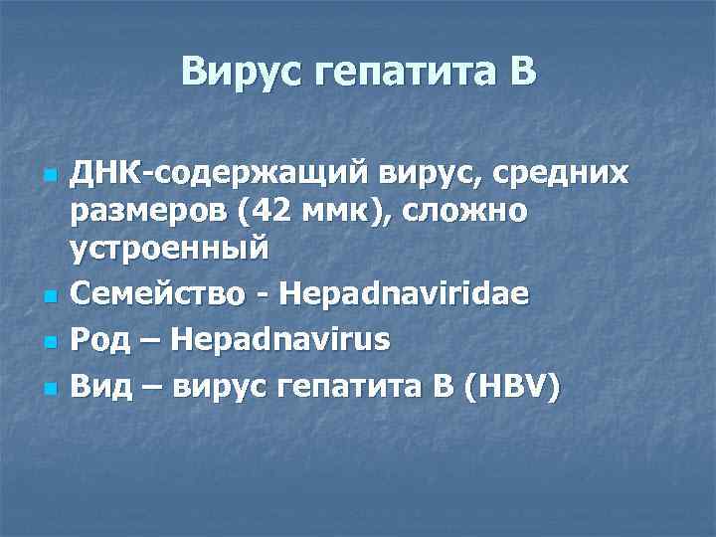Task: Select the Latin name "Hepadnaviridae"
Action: (405, 294)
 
